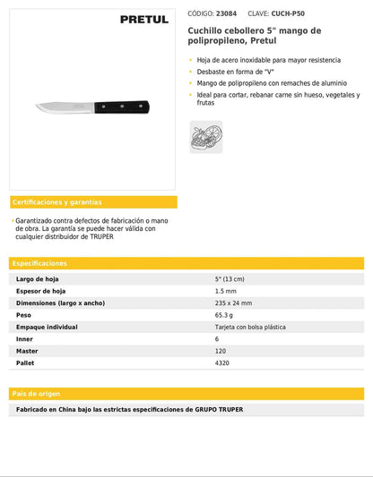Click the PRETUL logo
[143, 19]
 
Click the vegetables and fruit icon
[205, 137]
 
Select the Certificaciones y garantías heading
[57, 202]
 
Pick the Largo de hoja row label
[38, 279]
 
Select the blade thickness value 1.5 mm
[225, 292]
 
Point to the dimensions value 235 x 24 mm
[233, 303]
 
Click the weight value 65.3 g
[223, 315]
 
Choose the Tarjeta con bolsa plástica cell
[250, 328]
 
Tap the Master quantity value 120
[221, 352]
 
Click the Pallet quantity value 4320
[222, 363]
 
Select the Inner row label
[25, 339]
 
